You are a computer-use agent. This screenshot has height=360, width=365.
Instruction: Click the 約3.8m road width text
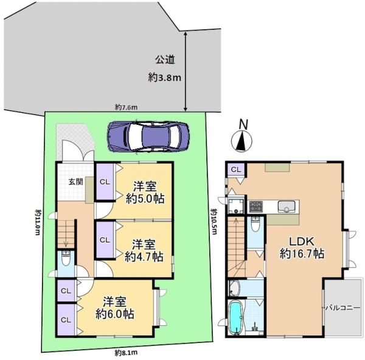coord(165,77)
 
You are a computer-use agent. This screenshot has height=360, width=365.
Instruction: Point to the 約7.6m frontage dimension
coord(127,107)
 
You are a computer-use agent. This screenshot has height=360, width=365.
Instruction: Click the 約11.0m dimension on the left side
coord(37,222)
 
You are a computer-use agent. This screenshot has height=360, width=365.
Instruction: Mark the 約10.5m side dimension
coord(214,219)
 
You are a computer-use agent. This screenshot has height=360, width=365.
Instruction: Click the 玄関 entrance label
coord(75,181)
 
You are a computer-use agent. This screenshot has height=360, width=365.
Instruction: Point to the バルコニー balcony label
coord(344,307)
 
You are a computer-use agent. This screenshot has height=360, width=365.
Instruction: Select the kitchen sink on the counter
coord(285,205)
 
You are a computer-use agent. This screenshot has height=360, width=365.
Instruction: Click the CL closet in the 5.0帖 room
coord(105,181)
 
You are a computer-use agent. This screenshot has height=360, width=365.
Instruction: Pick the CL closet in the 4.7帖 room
coord(105,239)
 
